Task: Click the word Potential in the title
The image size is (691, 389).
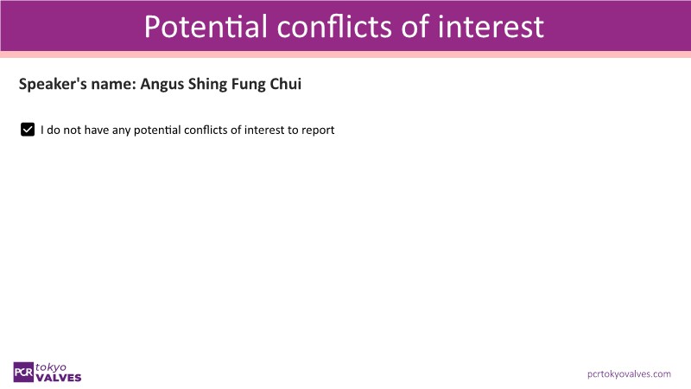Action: [x=206, y=27]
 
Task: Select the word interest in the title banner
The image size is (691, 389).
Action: [x=491, y=27]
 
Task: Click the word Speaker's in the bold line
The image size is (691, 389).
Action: [x=53, y=84]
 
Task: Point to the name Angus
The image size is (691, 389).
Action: [x=161, y=84]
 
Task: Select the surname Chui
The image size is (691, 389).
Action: [x=286, y=84]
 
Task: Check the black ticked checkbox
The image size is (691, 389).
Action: [x=28, y=130]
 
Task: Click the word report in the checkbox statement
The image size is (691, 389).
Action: [x=318, y=131]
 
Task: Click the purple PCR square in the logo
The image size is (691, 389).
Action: [x=23, y=373]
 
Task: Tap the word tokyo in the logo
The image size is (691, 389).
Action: [x=51, y=367]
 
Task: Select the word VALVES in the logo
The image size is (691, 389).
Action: [x=59, y=378]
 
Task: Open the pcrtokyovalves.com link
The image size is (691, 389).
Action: [x=629, y=374]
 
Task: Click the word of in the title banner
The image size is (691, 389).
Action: [x=415, y=27]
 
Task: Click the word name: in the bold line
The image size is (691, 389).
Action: [x=114, y=84]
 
